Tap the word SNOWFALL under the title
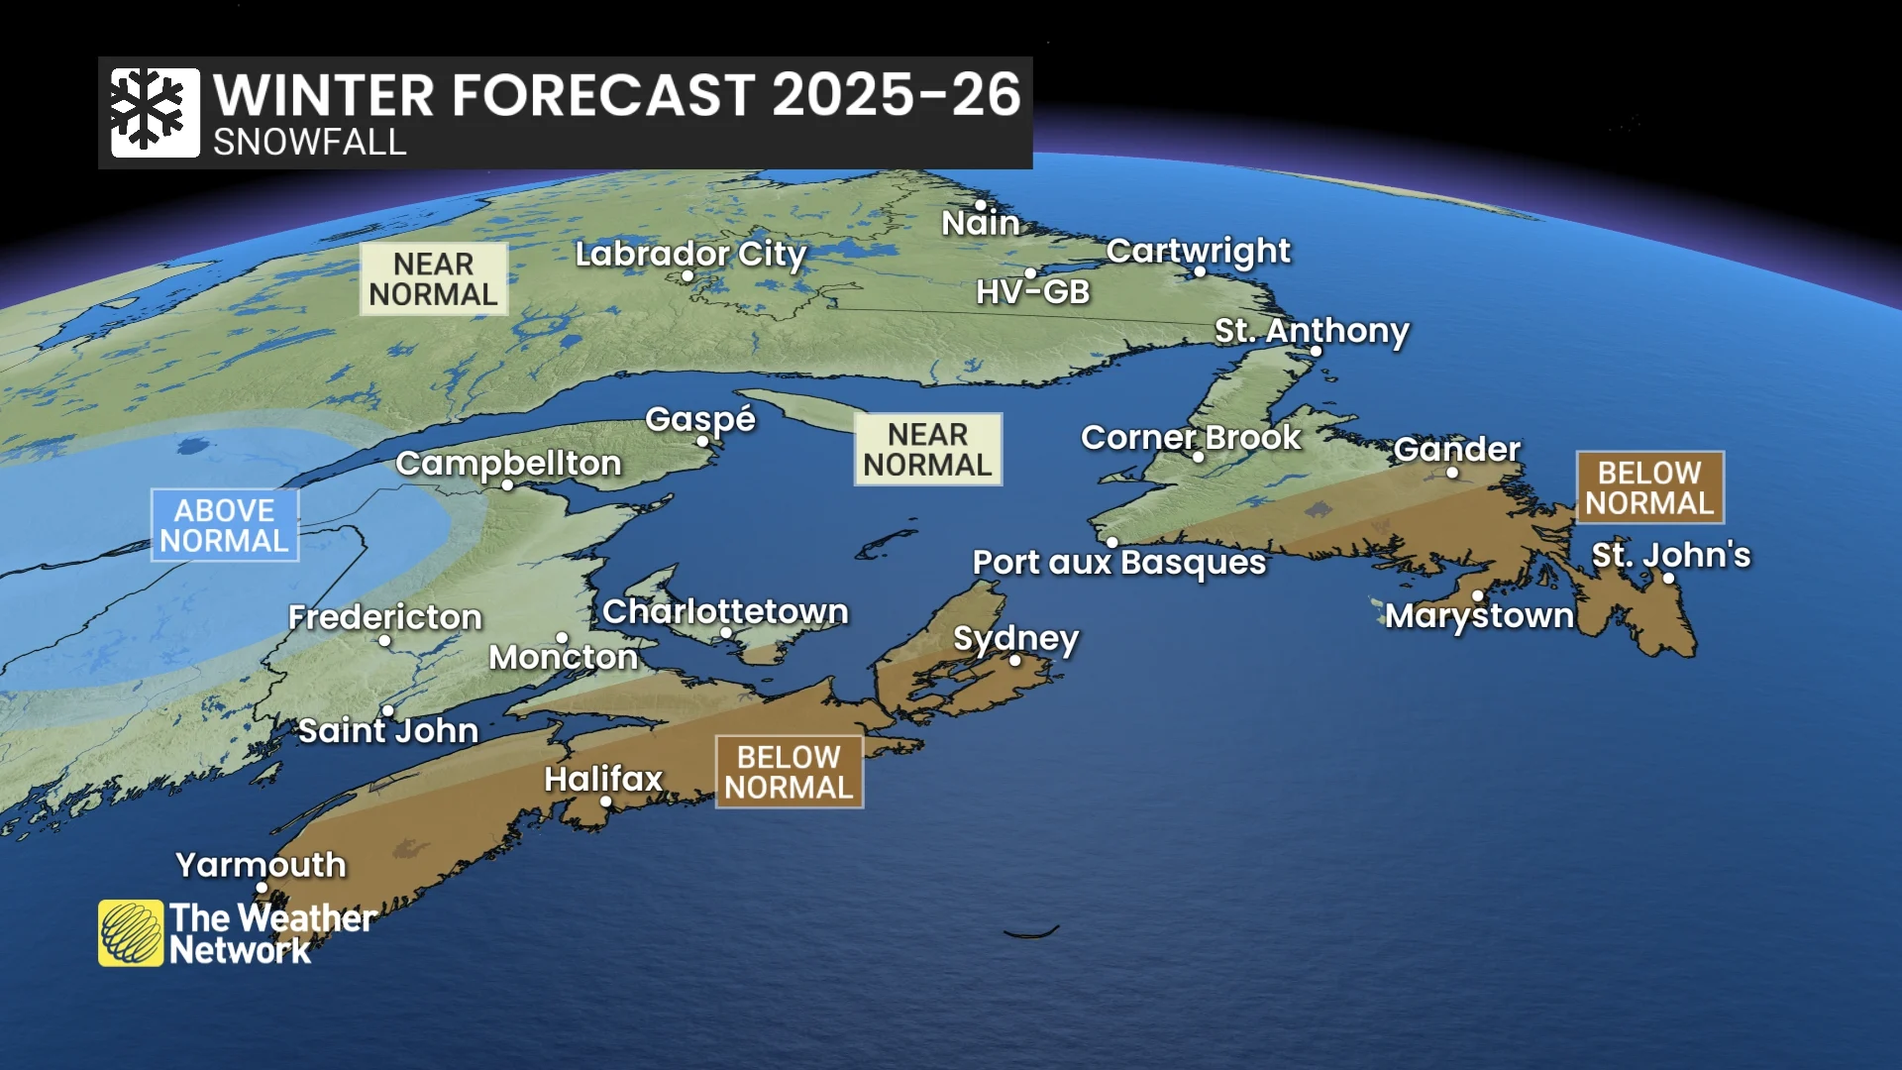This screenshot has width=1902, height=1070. click(x=309, y=143)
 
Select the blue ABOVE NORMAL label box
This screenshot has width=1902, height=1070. click(x=225, y=525)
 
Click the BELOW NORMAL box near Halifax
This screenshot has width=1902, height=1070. click(x=789, y=772)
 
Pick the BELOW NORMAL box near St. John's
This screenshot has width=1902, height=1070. click(x=1649, y=487)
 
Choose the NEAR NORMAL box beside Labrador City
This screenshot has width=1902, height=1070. click(x=433, y=279)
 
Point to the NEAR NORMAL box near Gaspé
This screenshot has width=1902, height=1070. click(x=927, y=450)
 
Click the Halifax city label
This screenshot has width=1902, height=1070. click(x=602, y=779)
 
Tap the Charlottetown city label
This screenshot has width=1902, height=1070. click(x=725, y=611)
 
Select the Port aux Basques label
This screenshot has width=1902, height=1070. click(x=1118, y=563)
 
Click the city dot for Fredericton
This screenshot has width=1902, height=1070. click(x=384, y=641)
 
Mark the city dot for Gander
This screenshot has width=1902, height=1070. click(x=1452, y=473)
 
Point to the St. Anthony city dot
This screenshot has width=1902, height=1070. click(x=1316, y=351)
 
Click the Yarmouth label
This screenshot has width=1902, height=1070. click(x=261, y=865)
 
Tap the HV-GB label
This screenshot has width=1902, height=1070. click(x=1032, y=292)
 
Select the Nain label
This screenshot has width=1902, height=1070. click(x=980, y=223)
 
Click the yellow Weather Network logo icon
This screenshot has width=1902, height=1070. click(x=131, y=932)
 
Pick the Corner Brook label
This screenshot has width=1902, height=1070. click(x=1190, y=437)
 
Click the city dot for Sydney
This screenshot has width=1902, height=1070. click(x=1014, y=660)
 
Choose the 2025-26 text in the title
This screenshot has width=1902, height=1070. click(x=896, y=95)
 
